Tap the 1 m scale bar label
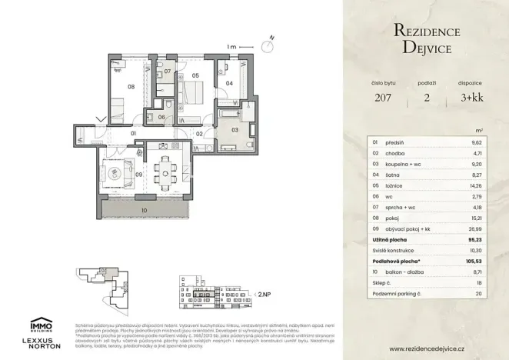coord(231,47)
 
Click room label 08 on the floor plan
coord(131,87)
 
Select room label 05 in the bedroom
coord(195,75)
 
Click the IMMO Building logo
coord(42,324)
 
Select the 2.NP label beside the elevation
coord(264,293)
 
